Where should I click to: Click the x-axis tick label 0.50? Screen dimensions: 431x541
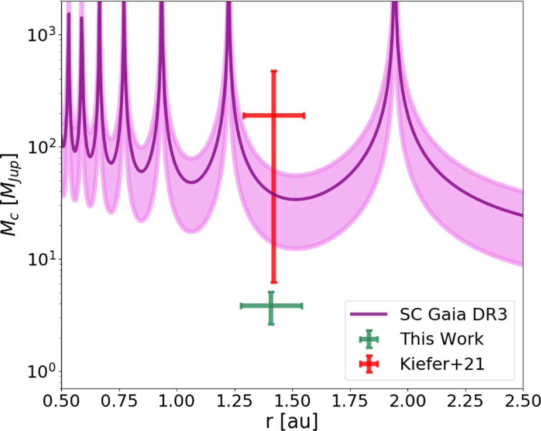[61, 401]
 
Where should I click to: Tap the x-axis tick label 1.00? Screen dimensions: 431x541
[177, 401]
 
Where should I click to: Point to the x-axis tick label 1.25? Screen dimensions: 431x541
[234, 401]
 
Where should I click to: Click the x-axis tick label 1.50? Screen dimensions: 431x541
[292, 401]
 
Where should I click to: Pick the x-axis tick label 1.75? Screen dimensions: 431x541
[350, 401]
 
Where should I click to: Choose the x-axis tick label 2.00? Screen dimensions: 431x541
[408, 401]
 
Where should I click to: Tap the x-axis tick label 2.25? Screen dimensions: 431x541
[465, 401]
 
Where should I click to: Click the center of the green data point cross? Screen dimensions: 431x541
[271, 306]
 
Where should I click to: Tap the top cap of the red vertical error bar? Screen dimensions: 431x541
[274, 71]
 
